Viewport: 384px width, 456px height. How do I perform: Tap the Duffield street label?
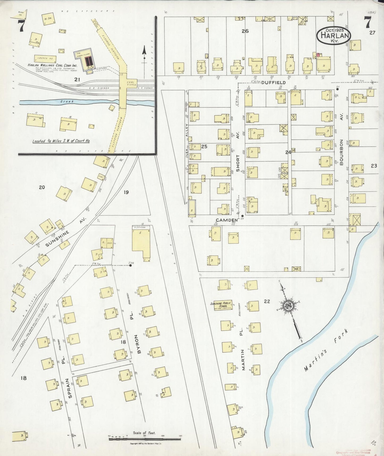pyautogui.click(x=273, y=83)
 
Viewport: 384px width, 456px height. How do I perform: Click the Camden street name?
pyautogui.click(x=226, y=220)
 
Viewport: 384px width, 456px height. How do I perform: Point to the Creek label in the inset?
pyautogui.click(x=66, y=102)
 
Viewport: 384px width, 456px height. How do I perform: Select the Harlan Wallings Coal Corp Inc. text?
pyautogui.click(x=52, y=65)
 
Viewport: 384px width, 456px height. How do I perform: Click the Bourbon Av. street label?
pyautogui.click(x=341, y=152)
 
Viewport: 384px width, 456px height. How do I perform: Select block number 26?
pyautogui.click(x=245, y=31)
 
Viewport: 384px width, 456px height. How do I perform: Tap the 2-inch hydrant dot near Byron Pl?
pyautogui.click(x=130, y=266)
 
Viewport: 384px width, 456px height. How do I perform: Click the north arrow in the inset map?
pyautogui.click(x=144, y=53)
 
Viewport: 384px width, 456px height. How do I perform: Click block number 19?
pyautogui.click(x=126, y=192)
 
